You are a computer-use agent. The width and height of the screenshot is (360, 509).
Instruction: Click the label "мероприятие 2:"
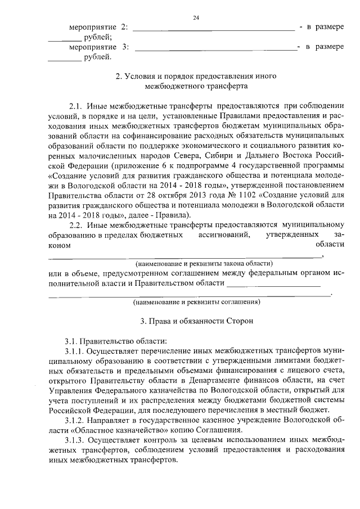(98, 27)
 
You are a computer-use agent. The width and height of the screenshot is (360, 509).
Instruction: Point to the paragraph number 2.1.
(77, 106)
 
